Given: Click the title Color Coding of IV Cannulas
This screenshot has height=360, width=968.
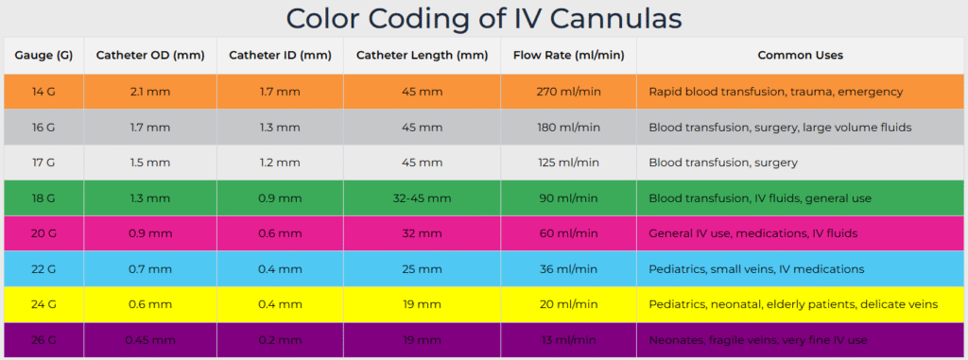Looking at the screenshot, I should (484, 18).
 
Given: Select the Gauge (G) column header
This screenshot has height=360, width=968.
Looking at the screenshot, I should (43, 56).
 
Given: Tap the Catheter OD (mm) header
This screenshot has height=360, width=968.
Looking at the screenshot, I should (150, 56).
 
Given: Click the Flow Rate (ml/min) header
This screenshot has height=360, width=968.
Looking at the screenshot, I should (569, 56).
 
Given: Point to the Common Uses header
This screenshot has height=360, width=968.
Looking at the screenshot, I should (800, 56).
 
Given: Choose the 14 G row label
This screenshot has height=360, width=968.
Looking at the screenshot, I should (43, 92).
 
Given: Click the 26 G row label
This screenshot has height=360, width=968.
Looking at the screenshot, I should (43, 340).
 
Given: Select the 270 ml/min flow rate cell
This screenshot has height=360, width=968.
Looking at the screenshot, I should (569, 92).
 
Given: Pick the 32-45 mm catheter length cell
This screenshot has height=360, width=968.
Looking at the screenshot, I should (422, 198).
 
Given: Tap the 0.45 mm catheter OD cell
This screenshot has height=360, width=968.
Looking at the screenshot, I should (150, 340).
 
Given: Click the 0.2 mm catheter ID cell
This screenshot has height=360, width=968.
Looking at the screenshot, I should (280, 340).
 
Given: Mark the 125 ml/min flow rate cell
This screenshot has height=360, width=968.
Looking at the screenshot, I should (569, 163).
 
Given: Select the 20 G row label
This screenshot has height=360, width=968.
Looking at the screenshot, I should (43, 233).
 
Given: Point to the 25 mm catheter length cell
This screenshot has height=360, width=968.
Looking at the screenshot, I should (422, 269).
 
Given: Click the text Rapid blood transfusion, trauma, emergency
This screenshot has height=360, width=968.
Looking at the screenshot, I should (775, 92).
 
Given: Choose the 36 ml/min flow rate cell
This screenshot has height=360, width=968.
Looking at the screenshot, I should (569, 269).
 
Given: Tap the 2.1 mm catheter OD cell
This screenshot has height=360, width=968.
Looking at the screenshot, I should (150, 92).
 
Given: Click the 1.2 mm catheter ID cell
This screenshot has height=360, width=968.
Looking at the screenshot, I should (280, 163).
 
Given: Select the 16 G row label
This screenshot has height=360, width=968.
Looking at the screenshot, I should (43, 127).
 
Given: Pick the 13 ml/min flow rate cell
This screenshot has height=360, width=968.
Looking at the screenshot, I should (569, 340).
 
